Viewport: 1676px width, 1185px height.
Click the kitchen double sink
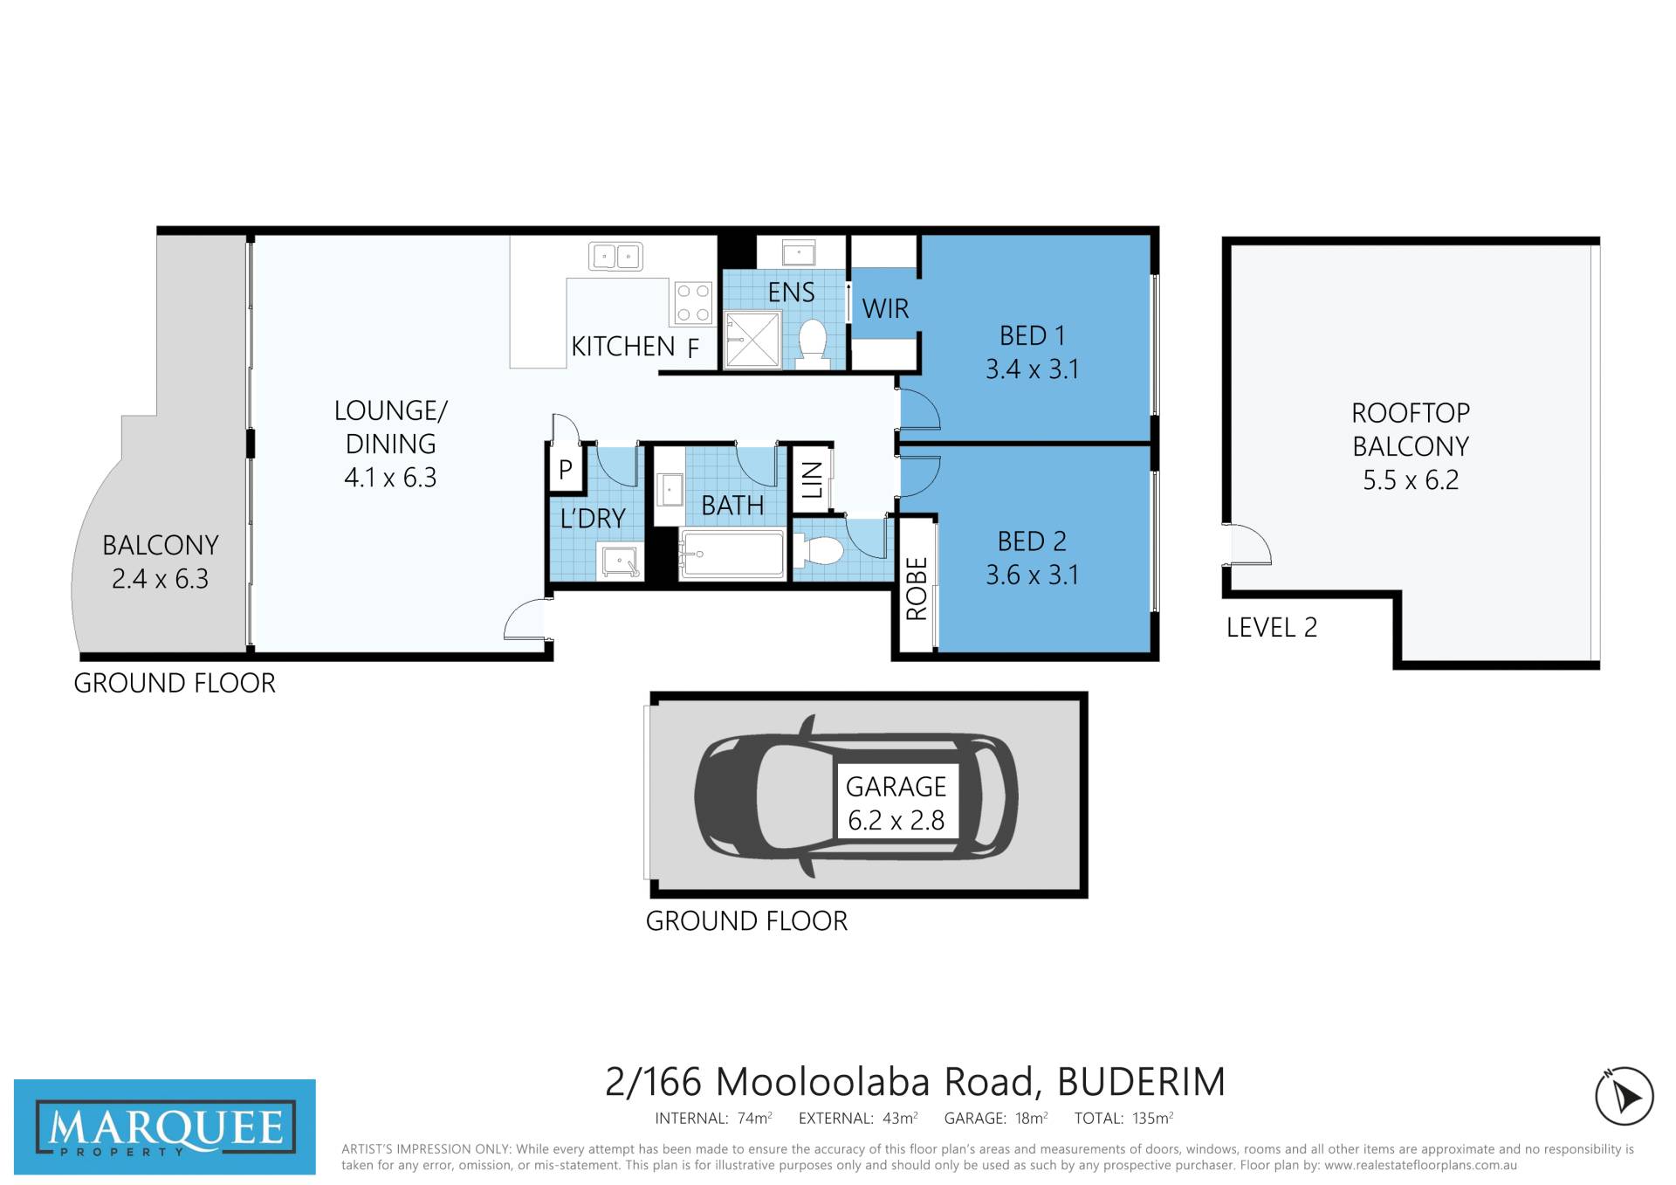pos(616,257)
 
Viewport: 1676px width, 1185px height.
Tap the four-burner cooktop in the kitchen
pos(693,303)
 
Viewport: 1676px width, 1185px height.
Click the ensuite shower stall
pos(752,340)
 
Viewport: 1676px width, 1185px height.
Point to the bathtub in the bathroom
pos(732,553)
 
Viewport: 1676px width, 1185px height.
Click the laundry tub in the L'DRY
pos(621,561)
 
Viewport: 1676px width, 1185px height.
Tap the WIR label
pos(885,308)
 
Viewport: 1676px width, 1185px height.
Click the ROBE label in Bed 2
pos(917,589)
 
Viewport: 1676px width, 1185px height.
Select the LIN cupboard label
pos(812,479)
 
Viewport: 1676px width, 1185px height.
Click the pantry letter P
pos(566,470)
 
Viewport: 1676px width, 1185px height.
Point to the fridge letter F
pos(693,349)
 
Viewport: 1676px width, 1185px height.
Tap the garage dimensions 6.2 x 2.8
pos(896,820)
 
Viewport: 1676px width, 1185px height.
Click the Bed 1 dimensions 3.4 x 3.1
pos(1032,369)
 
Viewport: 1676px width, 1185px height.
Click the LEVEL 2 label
pos(1272,627)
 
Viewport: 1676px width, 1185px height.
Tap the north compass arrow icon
pos(1624,1096)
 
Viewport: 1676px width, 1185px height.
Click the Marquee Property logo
pos(165,1126)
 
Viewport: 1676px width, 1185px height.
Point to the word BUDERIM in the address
pos(1142,1082)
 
